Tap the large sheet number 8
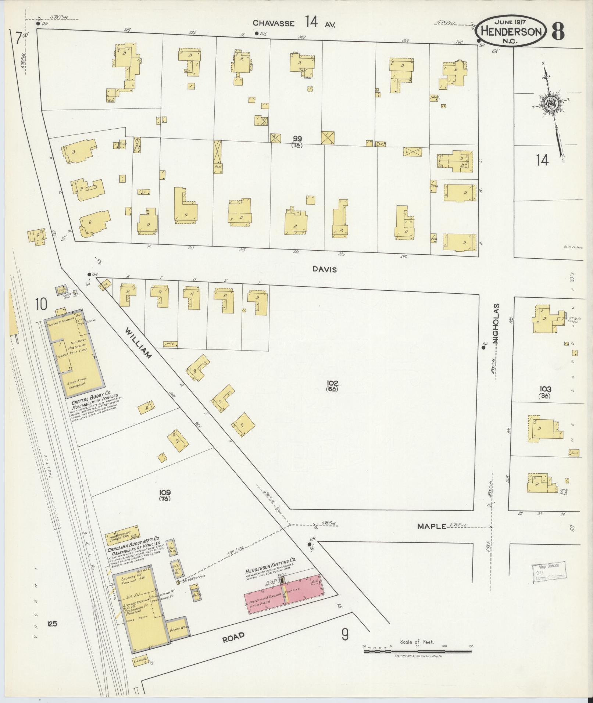tap(558, 32)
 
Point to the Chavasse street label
tap(274, 24)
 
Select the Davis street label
tap(325, 269)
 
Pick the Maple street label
tap(431, 526)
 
